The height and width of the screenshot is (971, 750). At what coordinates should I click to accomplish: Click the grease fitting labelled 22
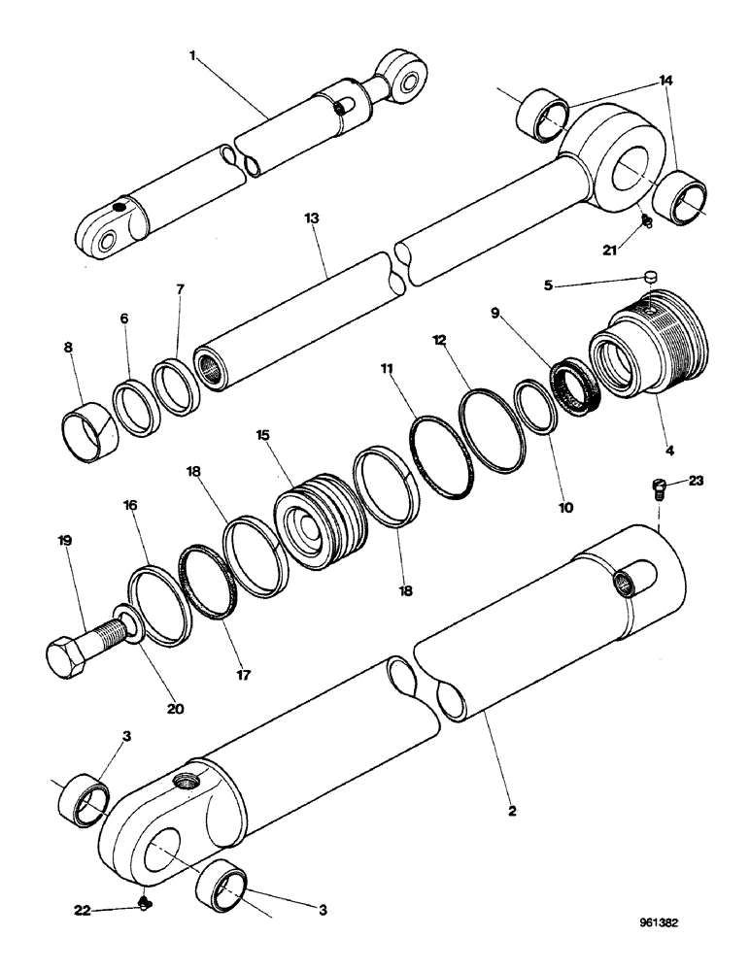click(x=145, y=906)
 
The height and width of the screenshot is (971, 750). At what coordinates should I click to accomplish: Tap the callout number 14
click(x=665, y=84)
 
